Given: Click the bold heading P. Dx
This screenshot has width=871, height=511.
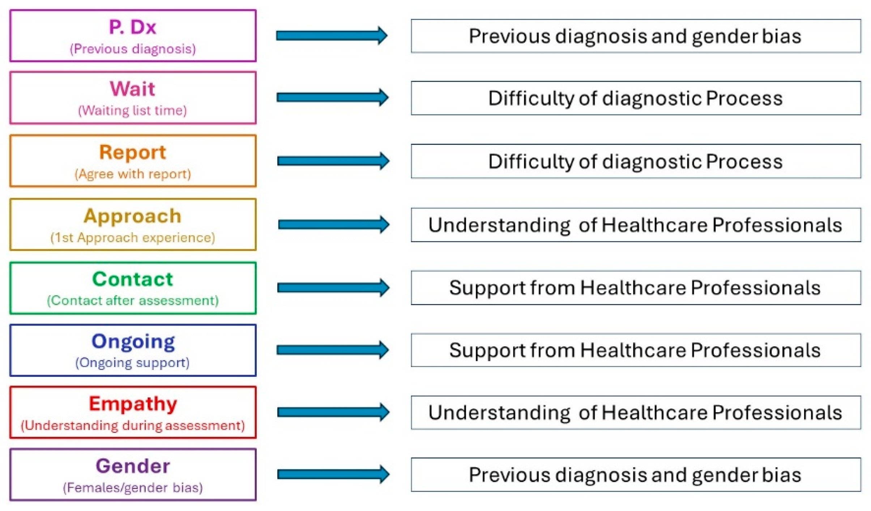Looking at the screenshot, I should point(133,27).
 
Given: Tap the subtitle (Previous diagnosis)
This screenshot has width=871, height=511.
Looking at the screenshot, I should point(133,49).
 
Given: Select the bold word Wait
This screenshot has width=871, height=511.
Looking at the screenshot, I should point(133,89).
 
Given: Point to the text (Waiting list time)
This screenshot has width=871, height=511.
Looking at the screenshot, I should point(133,110).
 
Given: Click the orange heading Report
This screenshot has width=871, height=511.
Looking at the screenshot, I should point(133,152).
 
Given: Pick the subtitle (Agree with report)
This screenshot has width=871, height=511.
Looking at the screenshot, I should point(133,174).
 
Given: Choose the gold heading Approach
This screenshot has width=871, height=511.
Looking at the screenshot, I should point(133,216).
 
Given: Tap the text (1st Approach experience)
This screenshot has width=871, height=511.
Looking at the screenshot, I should point(133,238).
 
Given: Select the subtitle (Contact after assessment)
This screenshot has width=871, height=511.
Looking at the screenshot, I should point(133,301).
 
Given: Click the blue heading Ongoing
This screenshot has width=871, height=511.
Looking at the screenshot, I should point(133,341).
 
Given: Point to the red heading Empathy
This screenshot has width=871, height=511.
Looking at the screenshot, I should point(133,404).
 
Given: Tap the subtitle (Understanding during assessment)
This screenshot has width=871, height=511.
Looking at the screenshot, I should point(133,425).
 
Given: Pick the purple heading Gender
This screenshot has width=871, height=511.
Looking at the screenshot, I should point(133,466).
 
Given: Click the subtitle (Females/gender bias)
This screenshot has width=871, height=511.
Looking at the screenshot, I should point(133,487).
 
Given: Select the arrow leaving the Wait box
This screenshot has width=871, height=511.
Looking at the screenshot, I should point(332,97).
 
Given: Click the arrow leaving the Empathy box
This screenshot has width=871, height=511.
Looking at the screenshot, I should point(333,412).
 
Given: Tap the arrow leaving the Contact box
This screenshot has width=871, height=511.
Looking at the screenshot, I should point(333,288).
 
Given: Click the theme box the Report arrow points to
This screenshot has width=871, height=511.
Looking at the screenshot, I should point(636,161).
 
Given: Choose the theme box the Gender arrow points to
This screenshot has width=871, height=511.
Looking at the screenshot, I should point(636,475).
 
